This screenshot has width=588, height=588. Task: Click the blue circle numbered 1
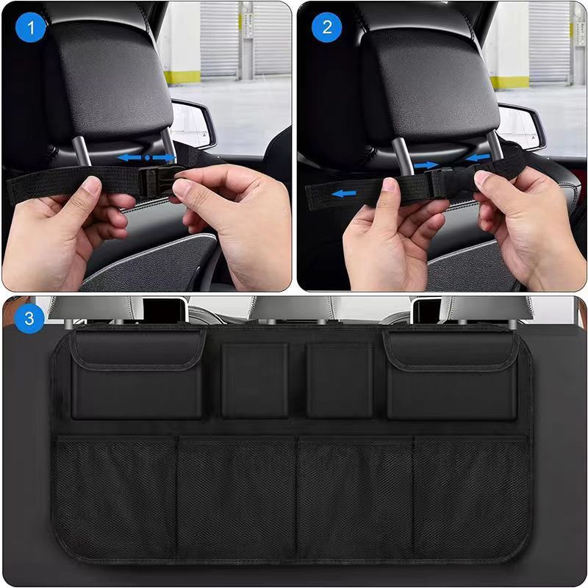click(x=31, y=29)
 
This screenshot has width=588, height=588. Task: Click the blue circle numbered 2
click(x=327, y=29)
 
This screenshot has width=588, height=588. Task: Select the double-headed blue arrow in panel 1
click(x=147, y=157)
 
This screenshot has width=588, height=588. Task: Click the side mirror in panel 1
click(x=193, y=123)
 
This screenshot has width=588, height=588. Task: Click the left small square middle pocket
click(x=255, y=381)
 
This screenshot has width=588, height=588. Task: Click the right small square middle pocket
click(x=340, y=381)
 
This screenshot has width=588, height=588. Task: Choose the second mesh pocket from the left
click(x=237, y=500)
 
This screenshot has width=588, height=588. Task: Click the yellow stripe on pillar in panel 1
click(x=180, y=76)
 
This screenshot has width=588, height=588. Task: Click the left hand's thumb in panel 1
click(x=90, y=186)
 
